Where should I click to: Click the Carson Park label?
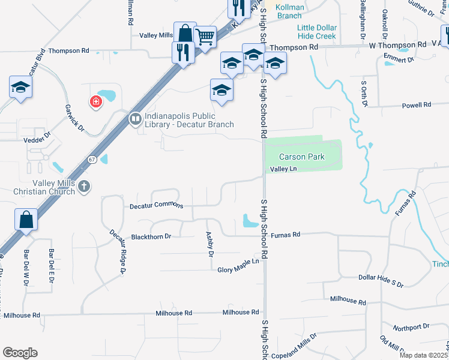click(301, 157)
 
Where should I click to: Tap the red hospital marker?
click(95, 103)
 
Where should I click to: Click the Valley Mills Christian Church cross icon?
click(84, 187)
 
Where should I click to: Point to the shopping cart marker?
click(205, 38)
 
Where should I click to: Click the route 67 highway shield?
click(91, 160)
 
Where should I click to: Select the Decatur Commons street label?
click(157, 205)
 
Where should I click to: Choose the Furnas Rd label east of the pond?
click(285, 236)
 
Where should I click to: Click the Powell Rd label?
click(417, 105)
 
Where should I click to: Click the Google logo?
click(20, 352)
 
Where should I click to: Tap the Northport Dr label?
click(411, 327)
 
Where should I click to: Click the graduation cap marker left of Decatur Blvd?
click(21, 88)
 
